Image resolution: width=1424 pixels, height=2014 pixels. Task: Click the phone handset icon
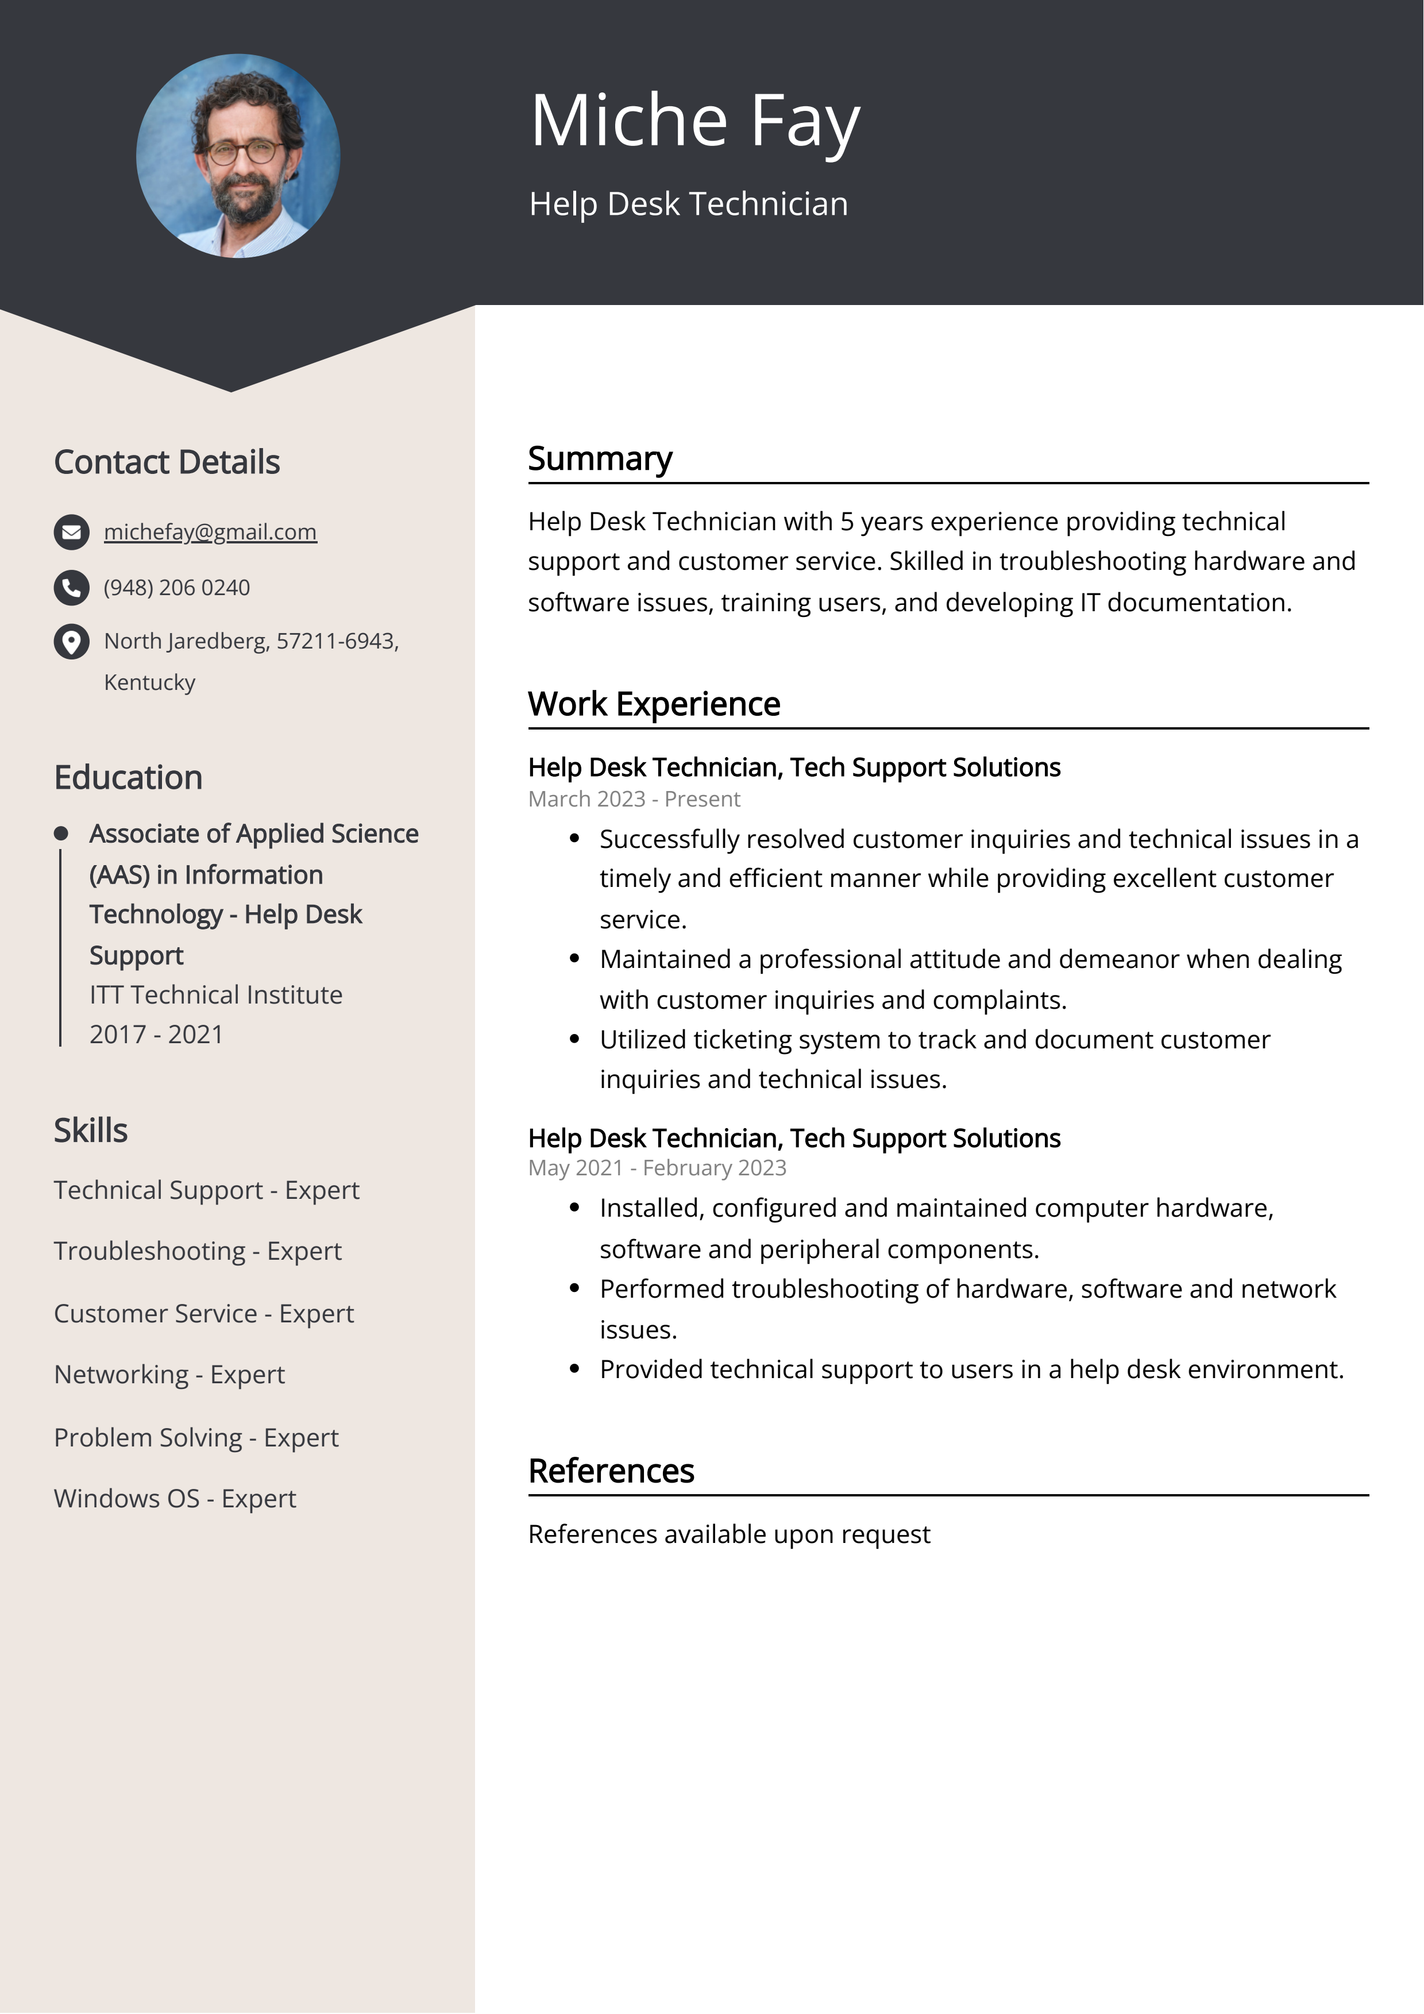coord(71,588)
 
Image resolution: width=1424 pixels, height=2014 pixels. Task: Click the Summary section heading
coord(600,459)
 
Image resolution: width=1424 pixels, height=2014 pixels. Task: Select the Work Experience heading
coord(654,704)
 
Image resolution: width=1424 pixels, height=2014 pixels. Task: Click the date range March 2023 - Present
coord(634,799)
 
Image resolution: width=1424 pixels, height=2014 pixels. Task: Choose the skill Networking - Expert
coord(169,1375)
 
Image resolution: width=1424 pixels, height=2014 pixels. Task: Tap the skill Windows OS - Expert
coord(175,1498)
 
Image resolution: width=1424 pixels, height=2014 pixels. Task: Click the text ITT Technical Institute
coord(216,995)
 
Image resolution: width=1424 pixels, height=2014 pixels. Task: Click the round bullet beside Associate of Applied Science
coord(60,834)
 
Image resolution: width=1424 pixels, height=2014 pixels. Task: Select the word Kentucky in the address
coord(149,682)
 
